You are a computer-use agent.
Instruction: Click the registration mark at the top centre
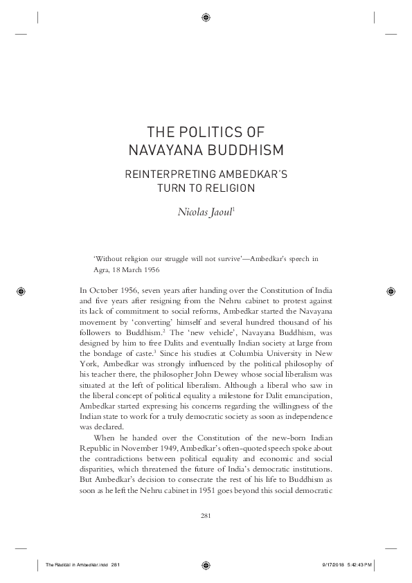pyautogui.click(x=206, y=17)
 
